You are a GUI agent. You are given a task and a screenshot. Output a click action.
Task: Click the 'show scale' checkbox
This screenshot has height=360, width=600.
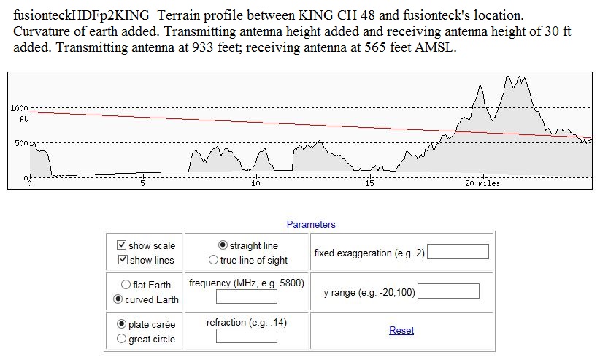pyautogui.click(x=122, y=245)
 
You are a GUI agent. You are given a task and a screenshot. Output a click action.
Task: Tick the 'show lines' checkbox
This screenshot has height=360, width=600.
pyautogui.click(x=122, y=260)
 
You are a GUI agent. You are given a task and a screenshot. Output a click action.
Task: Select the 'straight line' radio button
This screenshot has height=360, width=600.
pyautogui.click(x=223, y=245)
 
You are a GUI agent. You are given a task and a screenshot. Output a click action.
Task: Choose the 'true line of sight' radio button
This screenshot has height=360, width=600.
pyautogui.click(x=213, y=260)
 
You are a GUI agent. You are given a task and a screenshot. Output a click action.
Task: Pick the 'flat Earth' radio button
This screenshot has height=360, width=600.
pyautogui.click(x=126, y=285)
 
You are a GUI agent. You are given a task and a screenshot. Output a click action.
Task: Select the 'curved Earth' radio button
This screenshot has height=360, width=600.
pyautogui.click(x=117, y=299)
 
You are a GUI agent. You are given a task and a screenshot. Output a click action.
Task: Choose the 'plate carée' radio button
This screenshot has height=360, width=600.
pyautogui.click(x=122, y=323)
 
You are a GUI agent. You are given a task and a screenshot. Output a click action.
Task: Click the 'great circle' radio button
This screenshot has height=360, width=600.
pyautogui.click(x=122, y=339)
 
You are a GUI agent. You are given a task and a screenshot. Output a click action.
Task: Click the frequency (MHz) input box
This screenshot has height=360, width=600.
pyautogui.click(x=247, y=296)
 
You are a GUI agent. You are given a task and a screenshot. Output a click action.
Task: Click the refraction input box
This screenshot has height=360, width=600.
pyautogui.click(x=247, y=336)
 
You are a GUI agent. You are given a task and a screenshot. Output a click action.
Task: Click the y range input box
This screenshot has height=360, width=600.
pyautogui.click(x=448, y=291)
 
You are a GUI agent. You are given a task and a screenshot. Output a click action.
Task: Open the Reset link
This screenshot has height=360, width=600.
pyautogui.click(x=401, y=331)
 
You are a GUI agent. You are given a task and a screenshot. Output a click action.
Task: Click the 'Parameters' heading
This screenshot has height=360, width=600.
pyautogui.click(x=311, y=225)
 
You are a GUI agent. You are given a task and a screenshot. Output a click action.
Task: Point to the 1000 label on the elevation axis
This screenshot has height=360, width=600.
pyautogui.click(x=19, y=108)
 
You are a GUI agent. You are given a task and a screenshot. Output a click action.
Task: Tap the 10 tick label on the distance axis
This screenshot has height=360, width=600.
pyautogui.click(x=255, y=183)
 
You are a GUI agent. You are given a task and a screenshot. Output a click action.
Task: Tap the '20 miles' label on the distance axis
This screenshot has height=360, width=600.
pyautogui.click(x=482, y=183)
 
